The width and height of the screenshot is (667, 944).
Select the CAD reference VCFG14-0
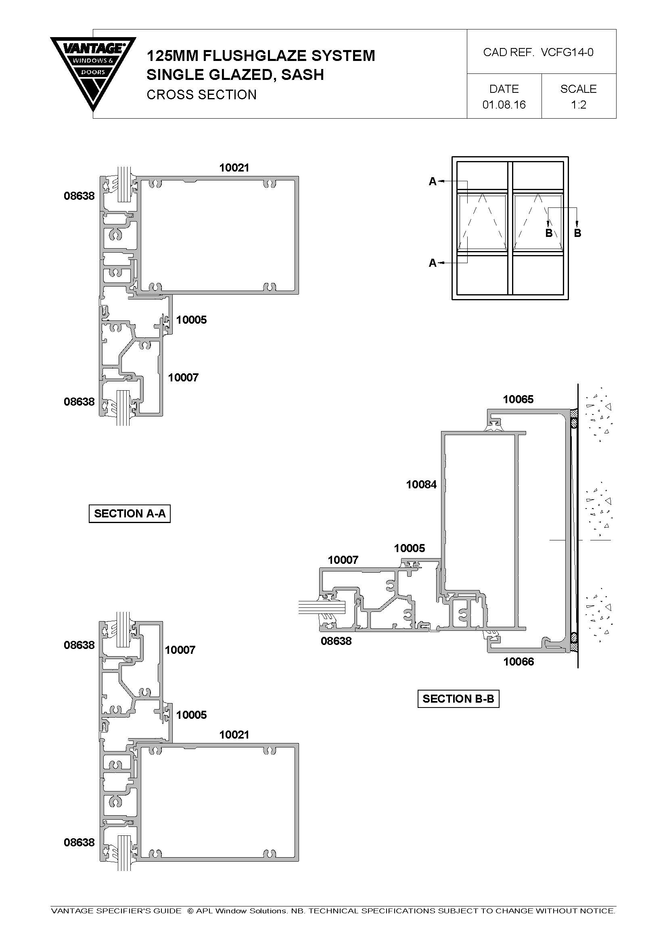tap(567, 52)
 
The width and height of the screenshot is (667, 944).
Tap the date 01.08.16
tap(504, 105)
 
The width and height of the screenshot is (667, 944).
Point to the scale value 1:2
tap(578, 105)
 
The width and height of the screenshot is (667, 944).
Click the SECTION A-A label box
tap(130, 513)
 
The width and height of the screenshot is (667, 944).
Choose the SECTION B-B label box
tap(458, 699)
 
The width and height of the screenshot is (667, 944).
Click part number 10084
tap(421, 484)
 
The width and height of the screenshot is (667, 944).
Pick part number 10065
tap(518, 399)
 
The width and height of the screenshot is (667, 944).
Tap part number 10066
tap(519, 661)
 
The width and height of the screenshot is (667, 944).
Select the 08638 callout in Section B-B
tap(336, 641)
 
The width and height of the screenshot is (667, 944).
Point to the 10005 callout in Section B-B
tap(409, 548)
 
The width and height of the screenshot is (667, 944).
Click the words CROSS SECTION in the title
tap(201, 94)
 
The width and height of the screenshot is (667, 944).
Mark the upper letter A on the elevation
tap(432, 181)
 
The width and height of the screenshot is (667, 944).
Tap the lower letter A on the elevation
tap(432, 263)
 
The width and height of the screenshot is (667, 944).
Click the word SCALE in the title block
tap(578, 89)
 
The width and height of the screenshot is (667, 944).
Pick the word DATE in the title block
tap(504, 89)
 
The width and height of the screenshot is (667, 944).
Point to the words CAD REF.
tap(509, 52)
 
